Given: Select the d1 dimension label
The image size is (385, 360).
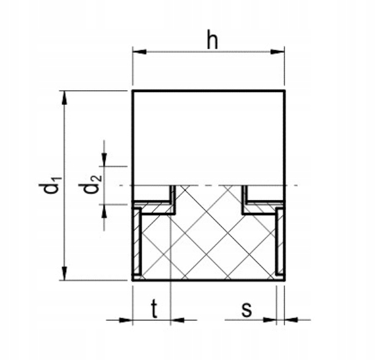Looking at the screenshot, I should click(x=53, y=185).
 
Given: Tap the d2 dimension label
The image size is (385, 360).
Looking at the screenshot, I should click(x=93, y=185).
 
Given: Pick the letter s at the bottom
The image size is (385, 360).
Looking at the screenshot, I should click(x=246, y=308).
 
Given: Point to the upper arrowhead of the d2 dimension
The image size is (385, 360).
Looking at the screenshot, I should click(x=105, y=161).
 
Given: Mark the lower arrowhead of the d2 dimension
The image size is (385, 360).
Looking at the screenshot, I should click(x=105, y=209).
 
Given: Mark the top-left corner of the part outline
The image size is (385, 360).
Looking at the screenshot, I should click(x=133, y=91).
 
